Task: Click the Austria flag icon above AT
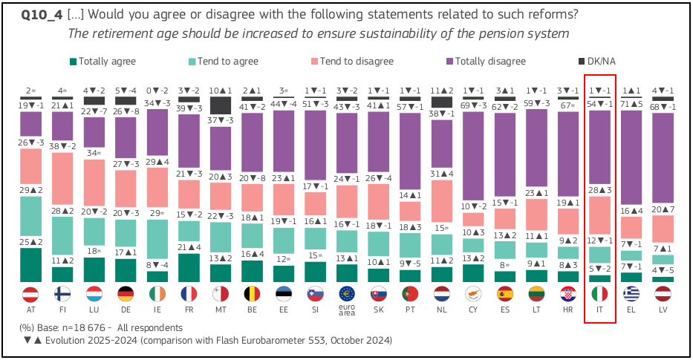tap(30, 293)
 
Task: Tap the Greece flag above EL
tap(632, 293)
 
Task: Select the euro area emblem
tap(346, 293)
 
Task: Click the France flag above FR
tap(189, 293)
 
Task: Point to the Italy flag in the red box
tap(600, 293)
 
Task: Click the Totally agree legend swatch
tap(73, 62)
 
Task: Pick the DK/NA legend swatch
tap(582, 62)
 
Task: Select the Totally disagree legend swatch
tap(449, 62)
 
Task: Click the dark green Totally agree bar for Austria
tap(30, 265)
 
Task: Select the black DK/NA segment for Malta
tap(221, 106)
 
